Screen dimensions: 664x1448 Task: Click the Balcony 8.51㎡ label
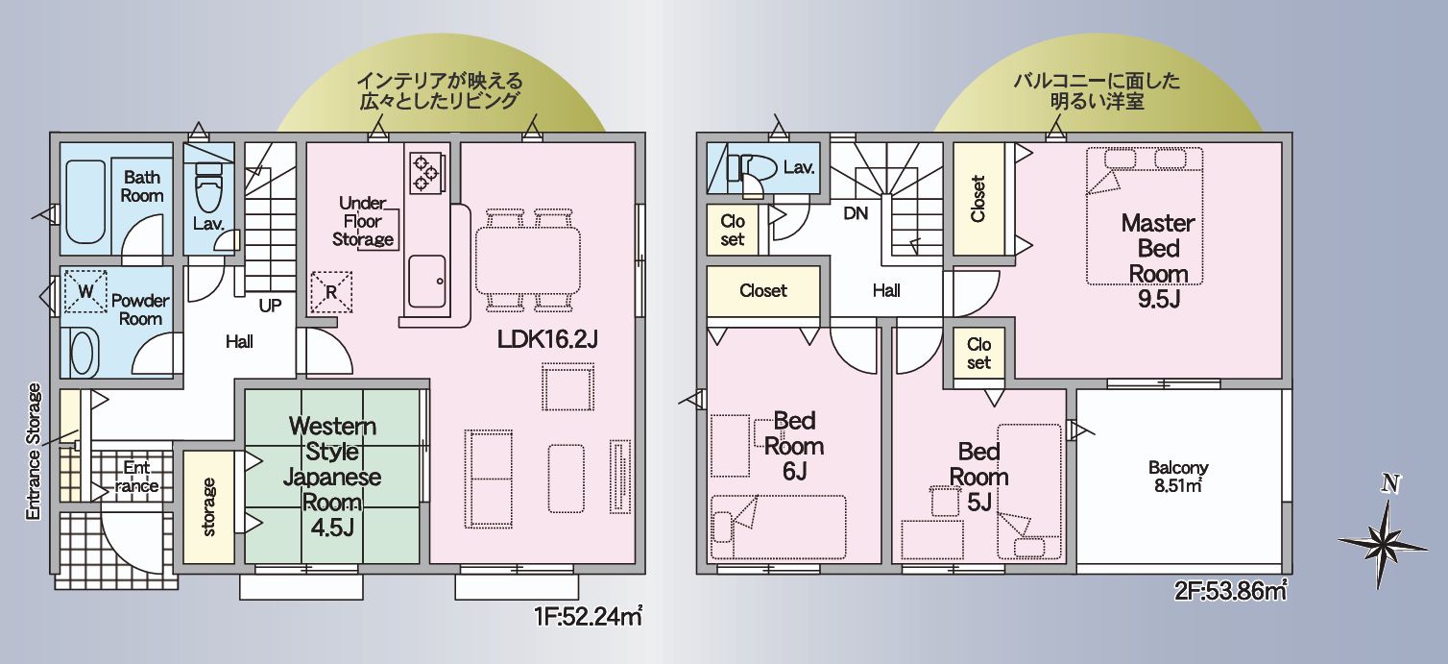[1178, 476]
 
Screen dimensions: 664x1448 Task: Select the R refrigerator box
[331, 291]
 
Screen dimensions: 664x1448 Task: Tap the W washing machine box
[85, 291]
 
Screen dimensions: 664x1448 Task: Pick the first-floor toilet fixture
[207, 192]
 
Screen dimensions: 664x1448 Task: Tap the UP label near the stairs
[270, 306]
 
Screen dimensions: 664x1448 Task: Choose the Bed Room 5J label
[979, 477]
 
